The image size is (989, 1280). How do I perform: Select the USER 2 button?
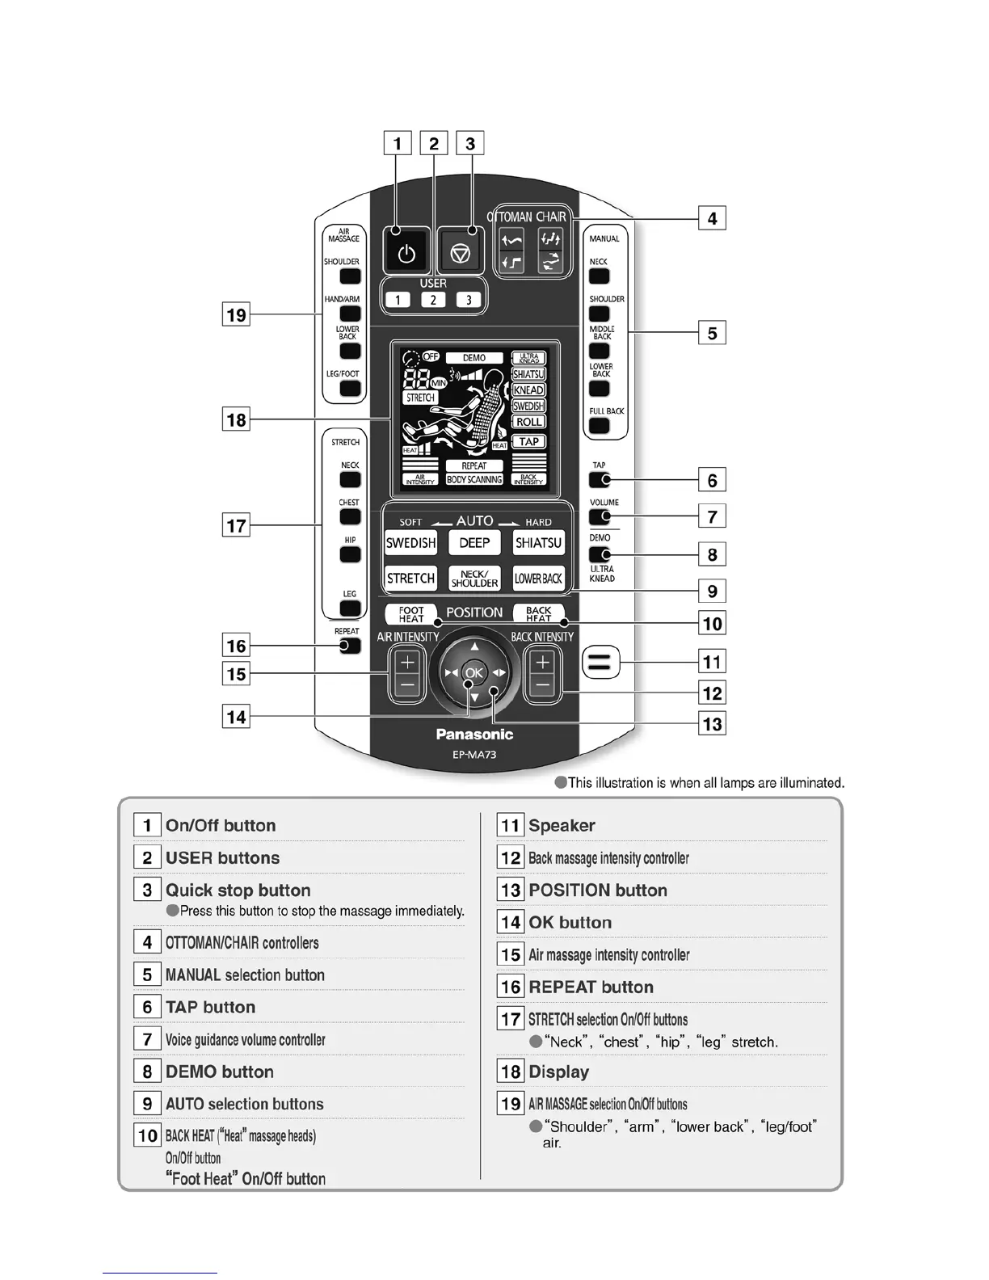[x=433, y=300]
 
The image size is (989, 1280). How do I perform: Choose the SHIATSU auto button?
[x=538, y=543]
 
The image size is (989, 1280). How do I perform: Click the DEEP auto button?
[x=474, y=543]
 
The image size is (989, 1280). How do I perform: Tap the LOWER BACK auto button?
[x=538, y=579]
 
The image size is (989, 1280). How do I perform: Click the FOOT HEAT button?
[x=410, y=614]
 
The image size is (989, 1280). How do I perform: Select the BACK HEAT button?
[x=538, y=614]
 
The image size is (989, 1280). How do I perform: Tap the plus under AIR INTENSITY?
[x=407, y=663]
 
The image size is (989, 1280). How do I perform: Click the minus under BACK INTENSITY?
[x=542, y=687]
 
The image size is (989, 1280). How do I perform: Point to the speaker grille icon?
[x=600, y=663]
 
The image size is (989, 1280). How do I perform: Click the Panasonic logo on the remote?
[x=474, y=735]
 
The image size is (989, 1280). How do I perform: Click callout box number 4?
[x=712, y=218]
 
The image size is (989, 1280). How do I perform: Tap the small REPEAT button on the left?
[x=348, y=646]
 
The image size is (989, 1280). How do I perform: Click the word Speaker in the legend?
[x=562, y=826]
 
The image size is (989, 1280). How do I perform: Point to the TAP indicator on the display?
[x=528, y=442]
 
